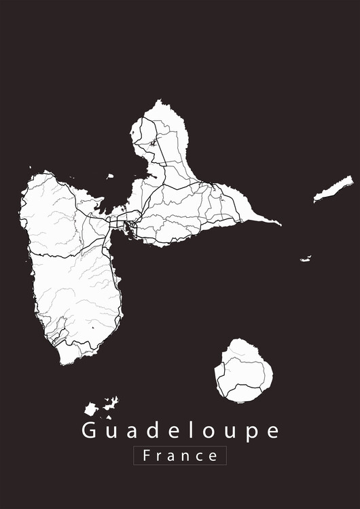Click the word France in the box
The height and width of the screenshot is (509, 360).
tap(180, 455)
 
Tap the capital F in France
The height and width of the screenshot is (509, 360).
tap(144, 455)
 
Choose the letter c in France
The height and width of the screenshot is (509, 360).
tap(199, 456)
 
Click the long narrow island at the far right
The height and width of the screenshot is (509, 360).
tap(334, 189)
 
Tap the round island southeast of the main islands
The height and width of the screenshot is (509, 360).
tap(243, 371)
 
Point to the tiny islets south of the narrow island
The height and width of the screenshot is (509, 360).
tap(306, 258)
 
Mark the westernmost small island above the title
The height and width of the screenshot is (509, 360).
tap(90, 409)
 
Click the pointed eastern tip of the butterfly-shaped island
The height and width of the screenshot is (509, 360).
tap(278, 223)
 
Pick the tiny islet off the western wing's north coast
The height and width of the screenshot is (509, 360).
tap(109, 176)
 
